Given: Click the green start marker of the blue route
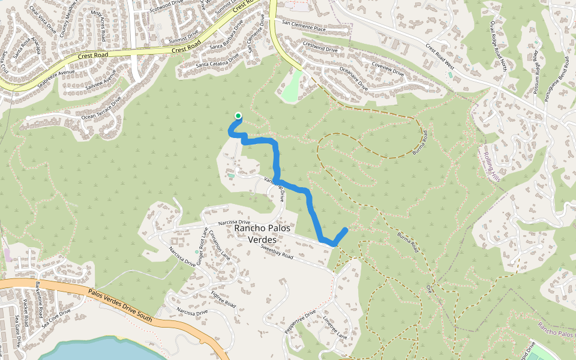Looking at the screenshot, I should [x=238, y=116].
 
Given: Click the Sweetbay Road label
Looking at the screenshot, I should [x=277, y=251].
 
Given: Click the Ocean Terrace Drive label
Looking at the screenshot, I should [x=101, y=108].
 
